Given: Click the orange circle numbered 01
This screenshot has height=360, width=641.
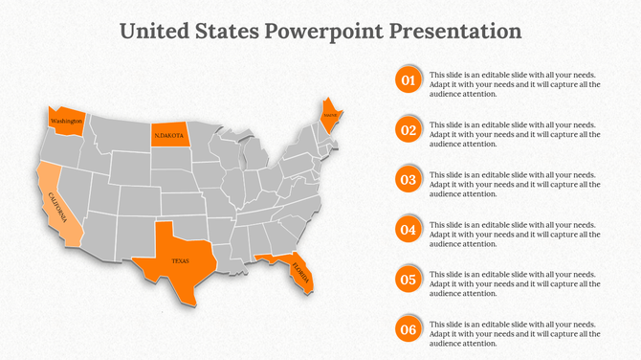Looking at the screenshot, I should (409, 80).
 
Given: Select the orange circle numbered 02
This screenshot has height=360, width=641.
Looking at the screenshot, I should (409, 130).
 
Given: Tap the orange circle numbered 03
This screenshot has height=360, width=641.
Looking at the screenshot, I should (409, 180).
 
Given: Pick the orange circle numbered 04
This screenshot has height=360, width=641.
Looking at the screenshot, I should (409, 230).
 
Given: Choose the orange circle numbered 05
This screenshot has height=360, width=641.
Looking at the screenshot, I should (409, 280).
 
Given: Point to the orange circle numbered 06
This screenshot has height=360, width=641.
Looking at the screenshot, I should (409, 330).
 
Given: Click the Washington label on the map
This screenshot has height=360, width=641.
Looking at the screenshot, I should (66, 123).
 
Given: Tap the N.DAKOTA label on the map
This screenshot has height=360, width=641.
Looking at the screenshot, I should (170, 136).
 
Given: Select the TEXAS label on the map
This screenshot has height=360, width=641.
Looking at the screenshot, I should (180, 261).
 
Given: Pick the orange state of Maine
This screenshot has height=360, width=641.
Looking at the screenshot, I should (331, 115).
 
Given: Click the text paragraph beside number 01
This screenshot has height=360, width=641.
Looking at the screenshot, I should (515, 84).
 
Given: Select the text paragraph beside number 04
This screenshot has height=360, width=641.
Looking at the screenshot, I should (515, 234).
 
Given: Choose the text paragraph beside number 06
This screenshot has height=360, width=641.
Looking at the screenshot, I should (515, 333).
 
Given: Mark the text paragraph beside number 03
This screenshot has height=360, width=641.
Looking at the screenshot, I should (515, 184).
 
